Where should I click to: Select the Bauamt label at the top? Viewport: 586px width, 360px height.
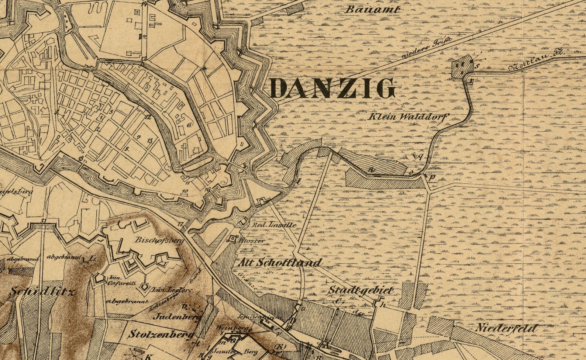372,9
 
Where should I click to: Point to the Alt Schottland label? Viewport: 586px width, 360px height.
279,263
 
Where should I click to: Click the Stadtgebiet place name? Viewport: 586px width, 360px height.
361,290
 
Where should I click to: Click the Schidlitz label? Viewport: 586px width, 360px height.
42,292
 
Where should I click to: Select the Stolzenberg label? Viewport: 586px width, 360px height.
161,335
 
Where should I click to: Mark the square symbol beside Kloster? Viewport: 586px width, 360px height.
234,239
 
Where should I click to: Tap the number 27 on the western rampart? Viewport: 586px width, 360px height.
44,221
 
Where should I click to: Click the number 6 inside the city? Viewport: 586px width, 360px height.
189,125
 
